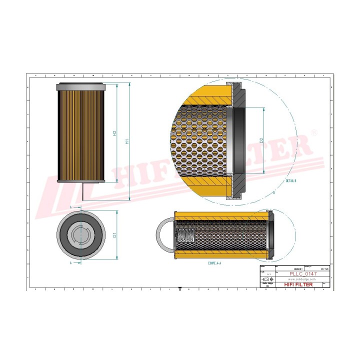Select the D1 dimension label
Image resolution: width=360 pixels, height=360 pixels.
(114, 234)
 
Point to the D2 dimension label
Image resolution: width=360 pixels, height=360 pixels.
(261, 141)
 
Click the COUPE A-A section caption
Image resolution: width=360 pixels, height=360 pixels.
(200, 262)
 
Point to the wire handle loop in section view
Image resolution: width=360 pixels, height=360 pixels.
(164, 235)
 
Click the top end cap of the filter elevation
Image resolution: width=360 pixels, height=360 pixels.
(80, 86)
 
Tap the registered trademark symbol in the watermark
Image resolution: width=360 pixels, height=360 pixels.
(314, 132)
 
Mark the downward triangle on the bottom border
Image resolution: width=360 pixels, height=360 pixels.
(179, 288)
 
